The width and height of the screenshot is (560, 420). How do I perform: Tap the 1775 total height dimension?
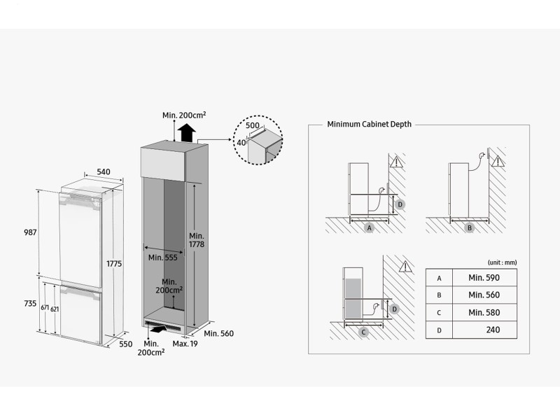pos(115,264)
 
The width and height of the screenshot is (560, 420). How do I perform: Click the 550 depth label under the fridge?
pos(125,344)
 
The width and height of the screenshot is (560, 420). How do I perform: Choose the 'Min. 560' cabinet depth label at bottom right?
pos(219,334)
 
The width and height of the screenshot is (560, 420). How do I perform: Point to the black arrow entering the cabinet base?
pos(160,327)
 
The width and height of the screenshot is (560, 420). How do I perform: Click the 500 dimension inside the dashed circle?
pos(252,126)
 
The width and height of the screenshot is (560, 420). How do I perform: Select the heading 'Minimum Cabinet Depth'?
pos(369,124)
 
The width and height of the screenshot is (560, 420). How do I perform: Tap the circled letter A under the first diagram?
pos(369,228)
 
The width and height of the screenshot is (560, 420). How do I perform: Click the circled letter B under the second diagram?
pos(470,228)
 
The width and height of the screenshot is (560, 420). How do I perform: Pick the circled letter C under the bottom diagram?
pos(363,332)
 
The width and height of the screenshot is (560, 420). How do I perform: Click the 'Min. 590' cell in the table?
pos(484,278)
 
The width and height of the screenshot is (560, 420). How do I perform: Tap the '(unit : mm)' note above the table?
pos(502,262)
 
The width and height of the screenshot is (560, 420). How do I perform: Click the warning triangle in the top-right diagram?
pos(497,161)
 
